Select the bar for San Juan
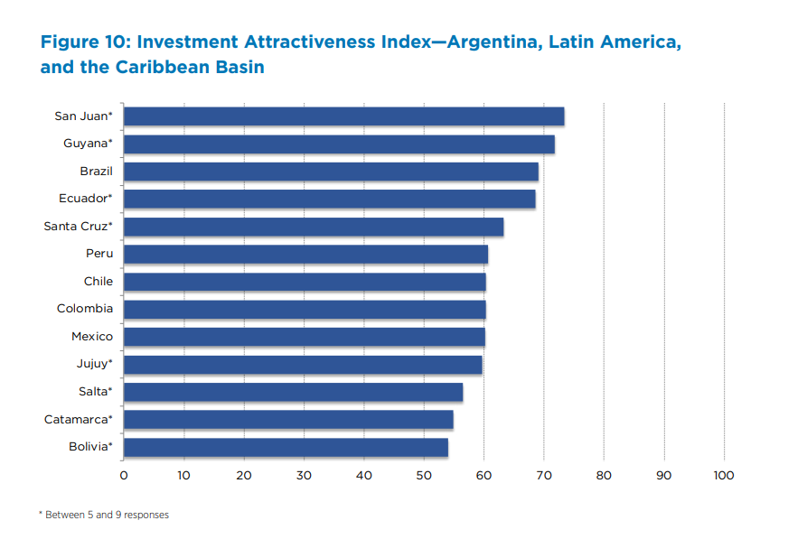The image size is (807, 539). coord(343,116)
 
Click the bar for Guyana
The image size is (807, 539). coord(339,144)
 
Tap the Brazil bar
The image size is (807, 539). coord(331,172)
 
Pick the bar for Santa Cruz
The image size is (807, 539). coord(314,227)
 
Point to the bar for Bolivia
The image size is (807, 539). coord(286,447)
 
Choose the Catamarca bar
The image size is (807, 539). coord(288,420)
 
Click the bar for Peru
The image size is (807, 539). coord(305,255)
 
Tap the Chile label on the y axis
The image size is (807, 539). coord(98,282)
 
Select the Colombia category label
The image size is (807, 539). coord(85,309)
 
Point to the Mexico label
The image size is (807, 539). coord(92,337)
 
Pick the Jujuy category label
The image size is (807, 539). coord(94,364)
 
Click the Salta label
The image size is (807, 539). coord(95,392)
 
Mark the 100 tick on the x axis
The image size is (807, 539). coord(724,475)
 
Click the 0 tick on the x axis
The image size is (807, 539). coord(124,475)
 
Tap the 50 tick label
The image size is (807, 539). coord(424,475)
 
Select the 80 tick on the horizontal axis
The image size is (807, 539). coord(604,475)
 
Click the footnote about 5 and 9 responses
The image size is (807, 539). coord(103,515)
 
